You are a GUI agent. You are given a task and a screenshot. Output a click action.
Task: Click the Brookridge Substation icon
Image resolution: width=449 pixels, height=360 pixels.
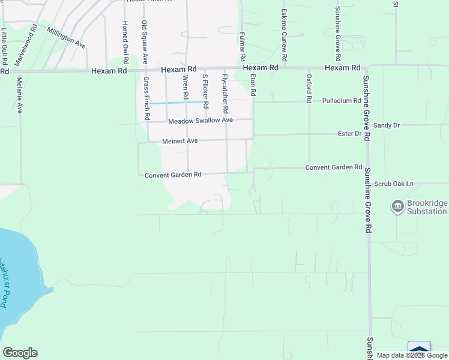[x=397, y=208]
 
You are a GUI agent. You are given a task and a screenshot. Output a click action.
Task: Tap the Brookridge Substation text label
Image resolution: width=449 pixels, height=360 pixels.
[x=427, y=208]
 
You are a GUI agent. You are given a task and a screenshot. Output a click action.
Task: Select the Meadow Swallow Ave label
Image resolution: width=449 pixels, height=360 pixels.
[x=200, y=121]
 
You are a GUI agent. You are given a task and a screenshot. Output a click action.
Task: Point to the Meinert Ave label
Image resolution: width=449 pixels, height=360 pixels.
[x=180, y=142]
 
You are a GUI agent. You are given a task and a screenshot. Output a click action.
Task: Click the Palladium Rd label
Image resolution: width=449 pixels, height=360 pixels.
[x=340, y=101]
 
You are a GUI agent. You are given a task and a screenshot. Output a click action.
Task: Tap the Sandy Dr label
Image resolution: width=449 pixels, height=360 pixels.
[x=386, y=125]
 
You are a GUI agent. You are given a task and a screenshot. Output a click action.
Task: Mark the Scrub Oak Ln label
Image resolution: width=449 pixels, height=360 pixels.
[x=394, y=184]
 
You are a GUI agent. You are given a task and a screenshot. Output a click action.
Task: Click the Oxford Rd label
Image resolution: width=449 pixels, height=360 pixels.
[x=309, y=85]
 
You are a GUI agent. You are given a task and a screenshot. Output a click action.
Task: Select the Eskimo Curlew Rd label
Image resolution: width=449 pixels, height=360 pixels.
[x=285, y=34]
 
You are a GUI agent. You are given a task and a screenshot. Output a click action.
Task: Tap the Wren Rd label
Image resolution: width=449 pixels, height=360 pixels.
[x=186, y=88]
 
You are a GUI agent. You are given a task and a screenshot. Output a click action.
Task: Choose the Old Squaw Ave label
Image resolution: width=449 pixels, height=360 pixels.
[x=145, y=42]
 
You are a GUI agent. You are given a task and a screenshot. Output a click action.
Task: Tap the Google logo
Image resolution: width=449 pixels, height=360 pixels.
[x=20, y=353]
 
